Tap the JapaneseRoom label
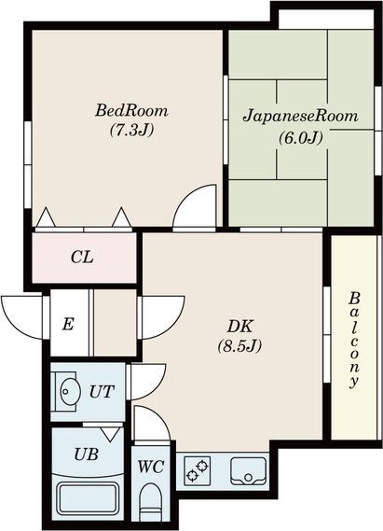300,118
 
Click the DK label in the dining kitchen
239,327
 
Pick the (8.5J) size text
239,346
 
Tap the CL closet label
83,257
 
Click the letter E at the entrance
68,324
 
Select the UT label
101,392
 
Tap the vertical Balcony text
355,342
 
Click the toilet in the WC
150,505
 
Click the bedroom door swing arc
196,207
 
